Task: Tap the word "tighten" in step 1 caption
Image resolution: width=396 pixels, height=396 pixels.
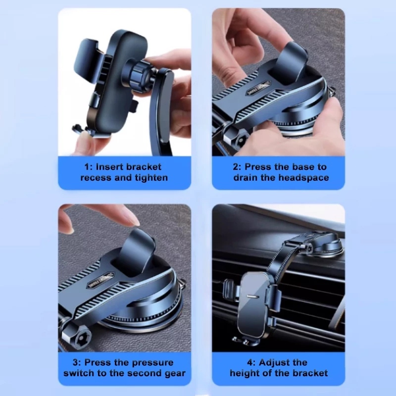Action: (x=151, y=178)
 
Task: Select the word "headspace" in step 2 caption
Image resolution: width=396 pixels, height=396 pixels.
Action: (x=304, y=178)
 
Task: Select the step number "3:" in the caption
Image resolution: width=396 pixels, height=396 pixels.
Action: (x=77, y=363)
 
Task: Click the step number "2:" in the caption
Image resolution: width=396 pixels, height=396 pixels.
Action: (x=237, y=167)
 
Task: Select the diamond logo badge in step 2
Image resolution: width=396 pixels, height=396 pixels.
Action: (x=258, y=89)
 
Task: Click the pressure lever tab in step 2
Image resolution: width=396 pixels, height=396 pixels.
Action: (x=293, y=60)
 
